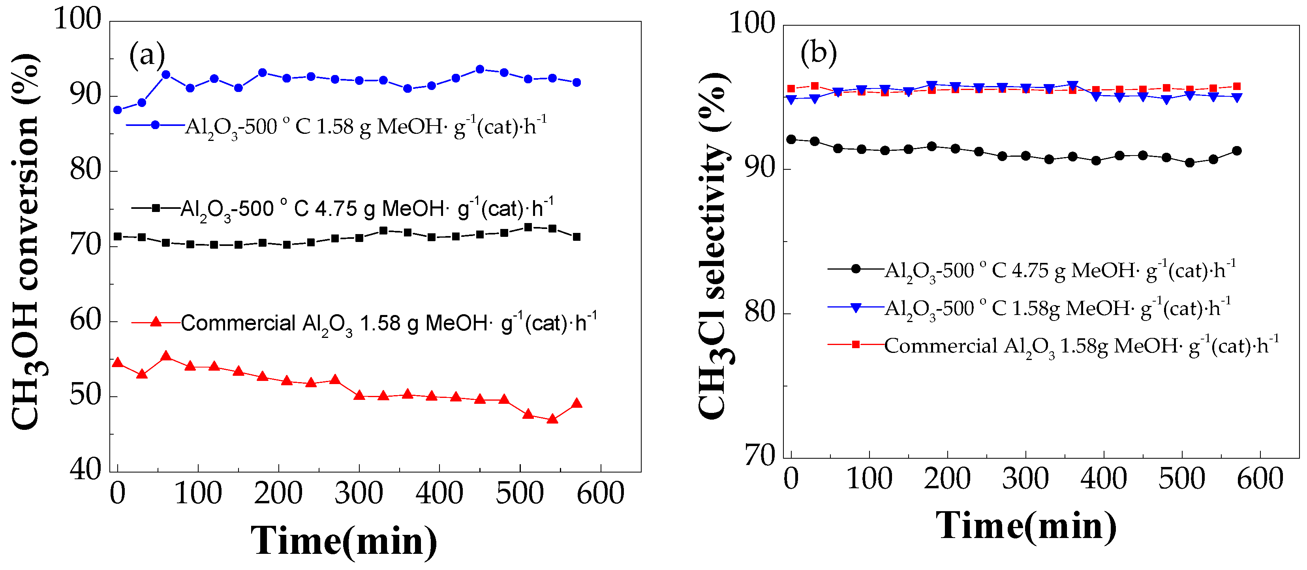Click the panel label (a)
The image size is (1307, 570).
tap(146, 55)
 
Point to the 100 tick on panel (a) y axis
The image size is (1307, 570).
tap(78, 20)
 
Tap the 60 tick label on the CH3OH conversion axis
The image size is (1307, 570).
tap(85, 321)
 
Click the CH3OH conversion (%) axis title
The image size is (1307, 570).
tap(25, 241)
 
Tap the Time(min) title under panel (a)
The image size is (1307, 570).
tap(344, 541)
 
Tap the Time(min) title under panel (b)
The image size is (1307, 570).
tap(1026, 526)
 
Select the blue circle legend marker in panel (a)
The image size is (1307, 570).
tap(156, 125)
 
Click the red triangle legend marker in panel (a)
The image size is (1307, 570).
tap(156, 321)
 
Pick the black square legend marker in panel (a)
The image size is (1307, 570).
tap(156, 208)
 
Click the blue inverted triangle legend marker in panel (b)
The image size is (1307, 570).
tap(855, 307)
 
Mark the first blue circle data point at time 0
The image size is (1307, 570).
tap(118, 110)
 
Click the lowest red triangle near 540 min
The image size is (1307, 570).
tap(552, 419)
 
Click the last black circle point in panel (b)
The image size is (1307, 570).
tap(1236, 151)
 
